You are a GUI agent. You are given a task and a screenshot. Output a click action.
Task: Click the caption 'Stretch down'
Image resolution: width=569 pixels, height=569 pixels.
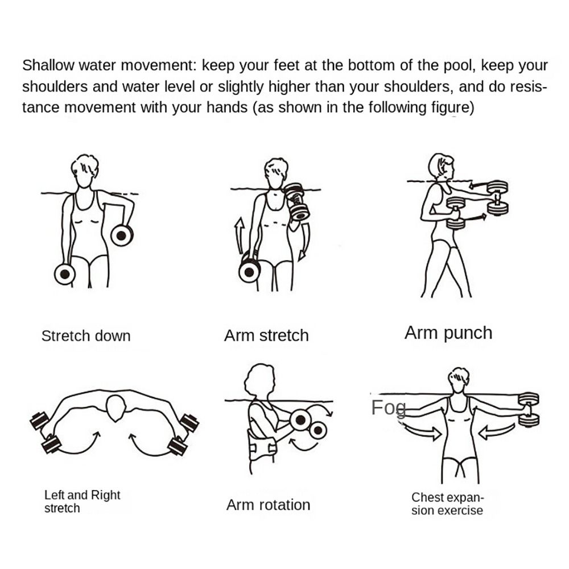(x=85, y=336)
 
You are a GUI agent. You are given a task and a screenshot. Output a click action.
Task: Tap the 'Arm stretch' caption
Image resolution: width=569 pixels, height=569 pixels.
(x=266, y=336)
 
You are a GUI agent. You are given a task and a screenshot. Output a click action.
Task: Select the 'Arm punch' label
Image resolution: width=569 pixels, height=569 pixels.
(x=448, y=333)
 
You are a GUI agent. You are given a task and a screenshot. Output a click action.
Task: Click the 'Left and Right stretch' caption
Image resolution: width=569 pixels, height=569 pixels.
(x=82, y=501)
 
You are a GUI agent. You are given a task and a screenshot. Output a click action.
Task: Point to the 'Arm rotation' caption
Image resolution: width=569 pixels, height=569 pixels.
(x=268, y=505)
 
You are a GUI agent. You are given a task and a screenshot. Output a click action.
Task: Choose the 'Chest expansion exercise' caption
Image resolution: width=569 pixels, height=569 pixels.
(x=447, y=504)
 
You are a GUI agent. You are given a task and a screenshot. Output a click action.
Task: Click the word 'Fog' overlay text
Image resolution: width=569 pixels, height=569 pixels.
(x=389, y=408)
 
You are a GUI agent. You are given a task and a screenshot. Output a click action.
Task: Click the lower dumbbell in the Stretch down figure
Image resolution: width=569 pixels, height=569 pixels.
(x=65, y=274)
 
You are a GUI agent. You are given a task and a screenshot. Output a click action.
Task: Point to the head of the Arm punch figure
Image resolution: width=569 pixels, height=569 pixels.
(x=441, y=166)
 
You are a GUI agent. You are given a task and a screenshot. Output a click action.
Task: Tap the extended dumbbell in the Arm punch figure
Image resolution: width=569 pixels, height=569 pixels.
(x=497, y=197)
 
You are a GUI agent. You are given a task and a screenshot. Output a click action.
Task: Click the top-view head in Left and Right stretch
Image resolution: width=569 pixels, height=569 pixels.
(x=116, y=406)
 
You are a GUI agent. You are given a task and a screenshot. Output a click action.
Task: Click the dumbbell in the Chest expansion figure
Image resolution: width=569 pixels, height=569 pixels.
(x=529, y=409)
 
